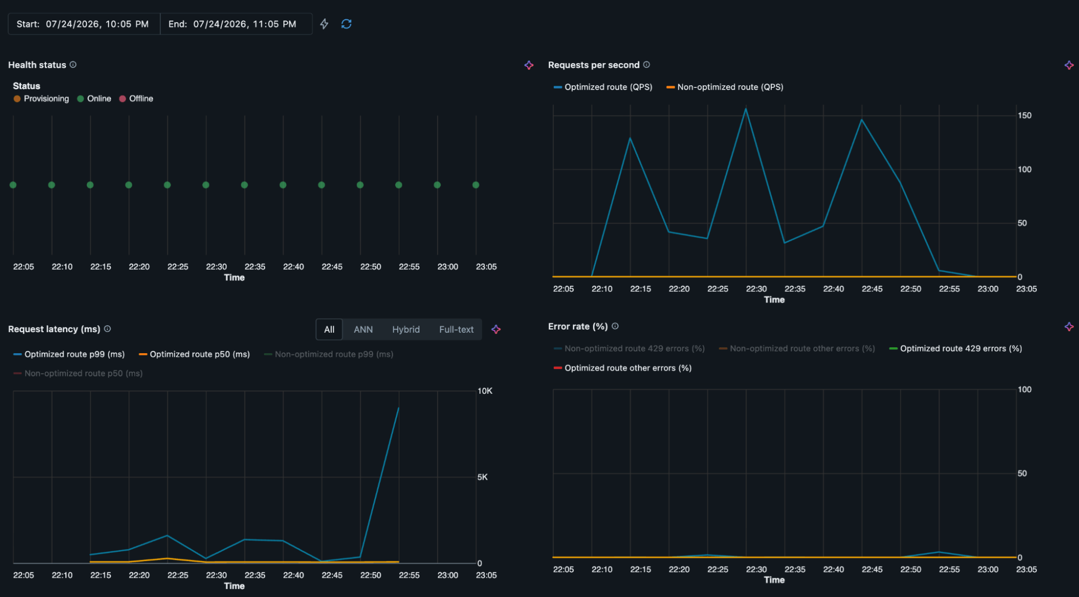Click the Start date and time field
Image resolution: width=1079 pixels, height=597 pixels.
point(84,24)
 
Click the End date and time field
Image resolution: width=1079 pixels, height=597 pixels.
point(236,24)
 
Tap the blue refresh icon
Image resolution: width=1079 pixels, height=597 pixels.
point(347,24)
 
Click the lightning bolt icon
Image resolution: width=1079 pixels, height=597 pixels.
point(324,24)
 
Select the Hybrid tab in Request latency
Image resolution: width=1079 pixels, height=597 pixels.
point(406,330)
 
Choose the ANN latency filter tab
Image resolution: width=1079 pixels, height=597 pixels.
point(363,330)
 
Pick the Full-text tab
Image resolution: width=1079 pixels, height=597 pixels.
point(456,330)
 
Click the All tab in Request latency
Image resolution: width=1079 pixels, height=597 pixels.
point(329,330)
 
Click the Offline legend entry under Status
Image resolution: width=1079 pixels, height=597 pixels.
point(136,99)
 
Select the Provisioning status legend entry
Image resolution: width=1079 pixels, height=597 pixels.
point(42,99)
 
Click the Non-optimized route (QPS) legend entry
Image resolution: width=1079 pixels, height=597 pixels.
point(725,87)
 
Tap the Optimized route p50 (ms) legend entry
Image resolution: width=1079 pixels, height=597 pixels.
point(194,354)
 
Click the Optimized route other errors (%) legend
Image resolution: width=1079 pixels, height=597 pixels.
point(623,368)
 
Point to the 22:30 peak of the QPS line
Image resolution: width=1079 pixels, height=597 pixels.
point(746,109)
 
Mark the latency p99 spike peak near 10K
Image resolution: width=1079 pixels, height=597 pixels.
point(398,408)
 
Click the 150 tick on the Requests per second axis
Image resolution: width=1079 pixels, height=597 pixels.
point(1024,115)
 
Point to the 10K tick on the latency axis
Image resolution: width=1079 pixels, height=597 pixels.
point(485,391)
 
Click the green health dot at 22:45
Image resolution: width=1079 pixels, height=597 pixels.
point(322,185)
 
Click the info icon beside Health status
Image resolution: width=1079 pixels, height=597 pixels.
point(73,65)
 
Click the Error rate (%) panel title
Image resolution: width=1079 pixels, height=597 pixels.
point(578,326)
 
